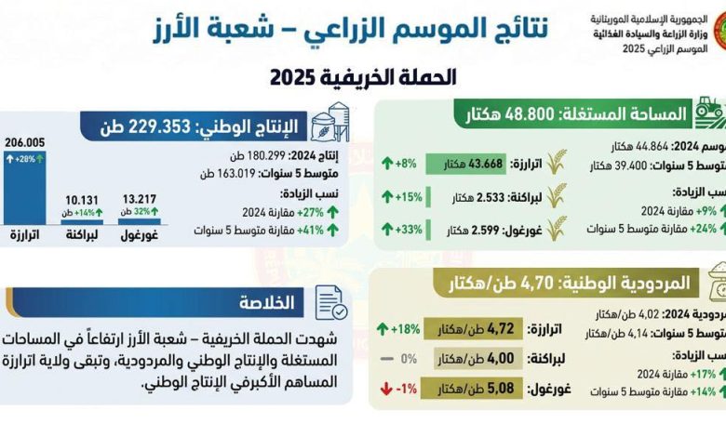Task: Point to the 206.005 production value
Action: pos(25,140)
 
